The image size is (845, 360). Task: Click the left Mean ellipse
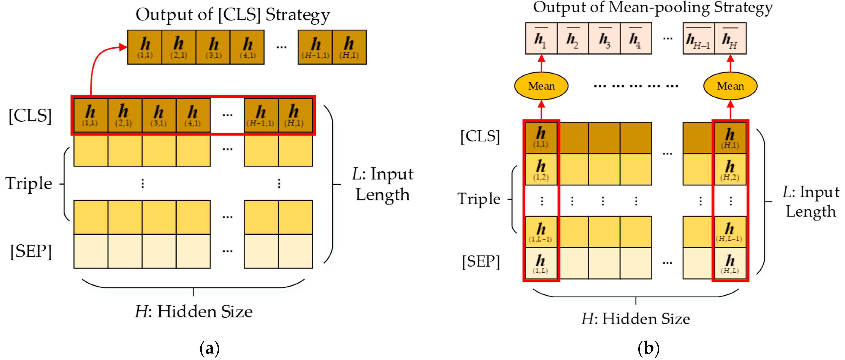541,86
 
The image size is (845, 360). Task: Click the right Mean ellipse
730,86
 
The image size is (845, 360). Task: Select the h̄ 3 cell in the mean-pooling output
605,38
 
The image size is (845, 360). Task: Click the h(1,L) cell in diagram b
541,263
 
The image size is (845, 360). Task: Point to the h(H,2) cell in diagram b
730,169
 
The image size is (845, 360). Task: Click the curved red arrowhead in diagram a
123,47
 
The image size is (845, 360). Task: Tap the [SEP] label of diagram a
31,251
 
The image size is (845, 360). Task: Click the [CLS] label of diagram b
480,136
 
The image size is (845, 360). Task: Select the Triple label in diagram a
29,183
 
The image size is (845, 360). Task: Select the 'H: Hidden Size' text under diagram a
193,311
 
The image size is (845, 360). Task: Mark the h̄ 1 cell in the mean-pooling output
541,38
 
